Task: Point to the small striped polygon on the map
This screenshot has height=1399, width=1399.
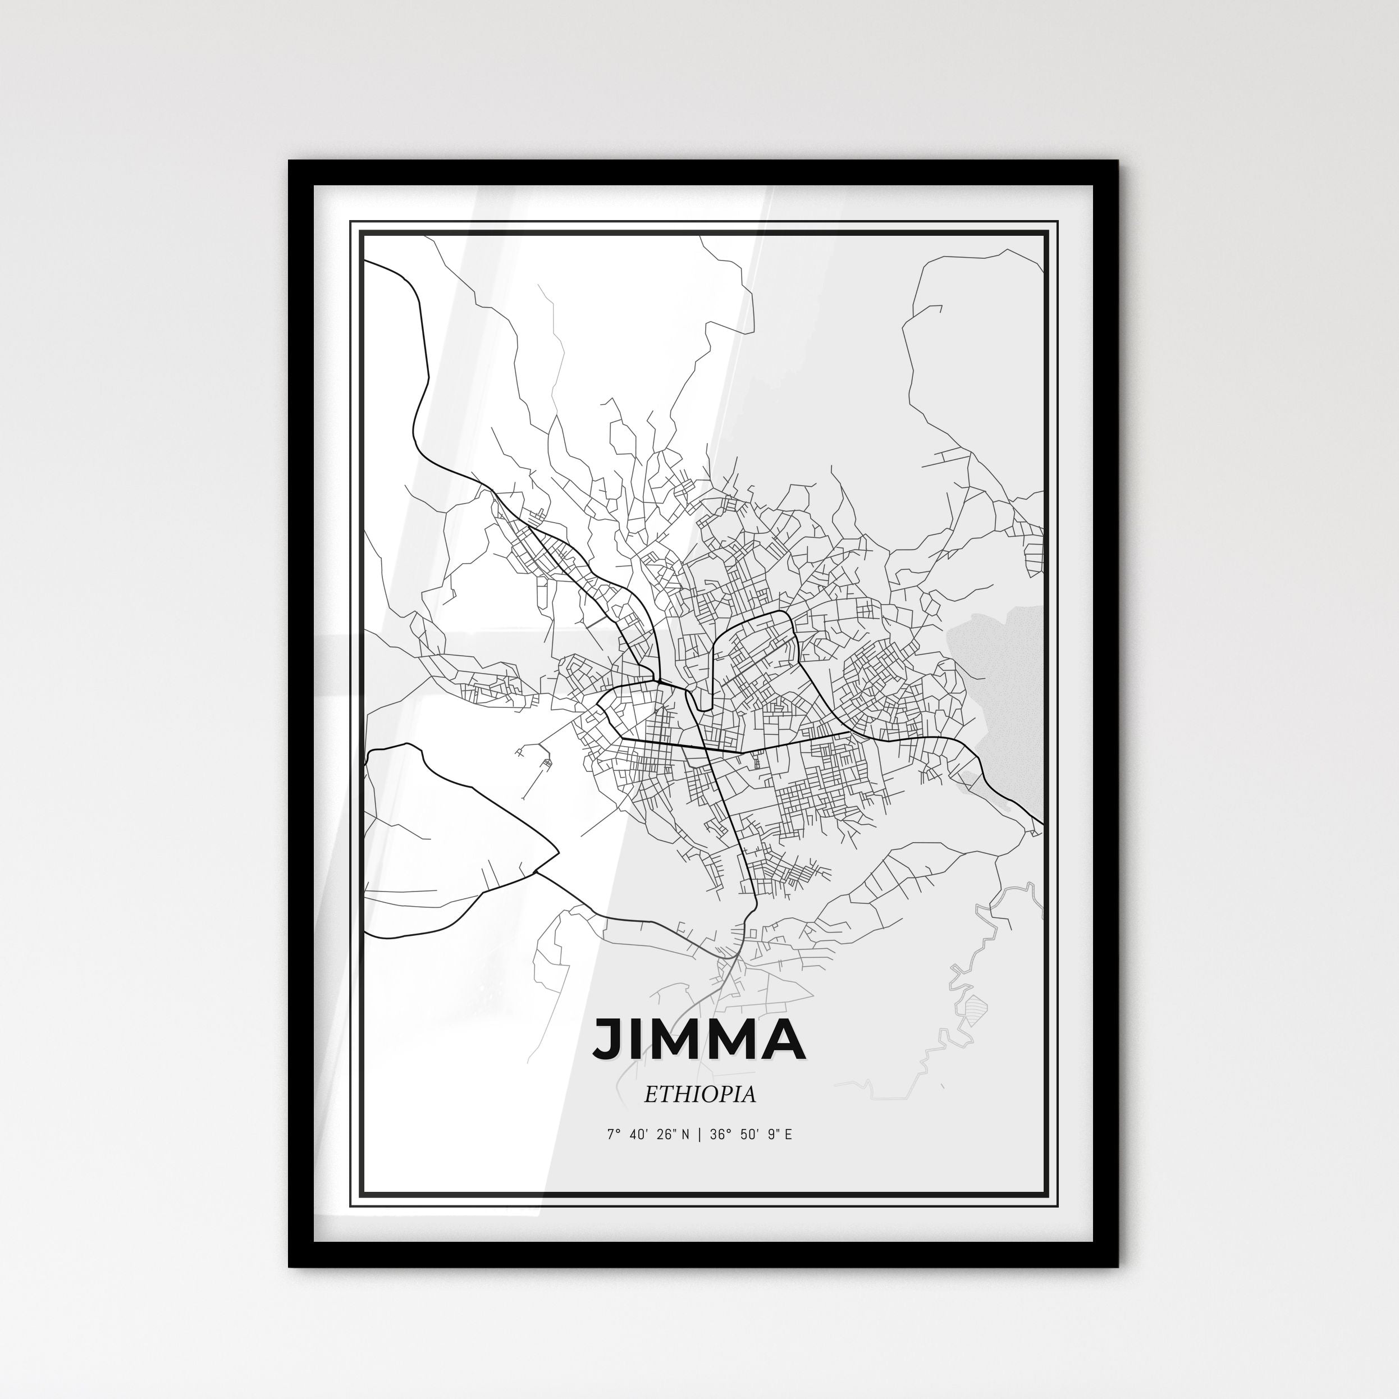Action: click(977, 1007)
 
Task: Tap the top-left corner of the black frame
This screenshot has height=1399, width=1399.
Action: click(290, 162)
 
